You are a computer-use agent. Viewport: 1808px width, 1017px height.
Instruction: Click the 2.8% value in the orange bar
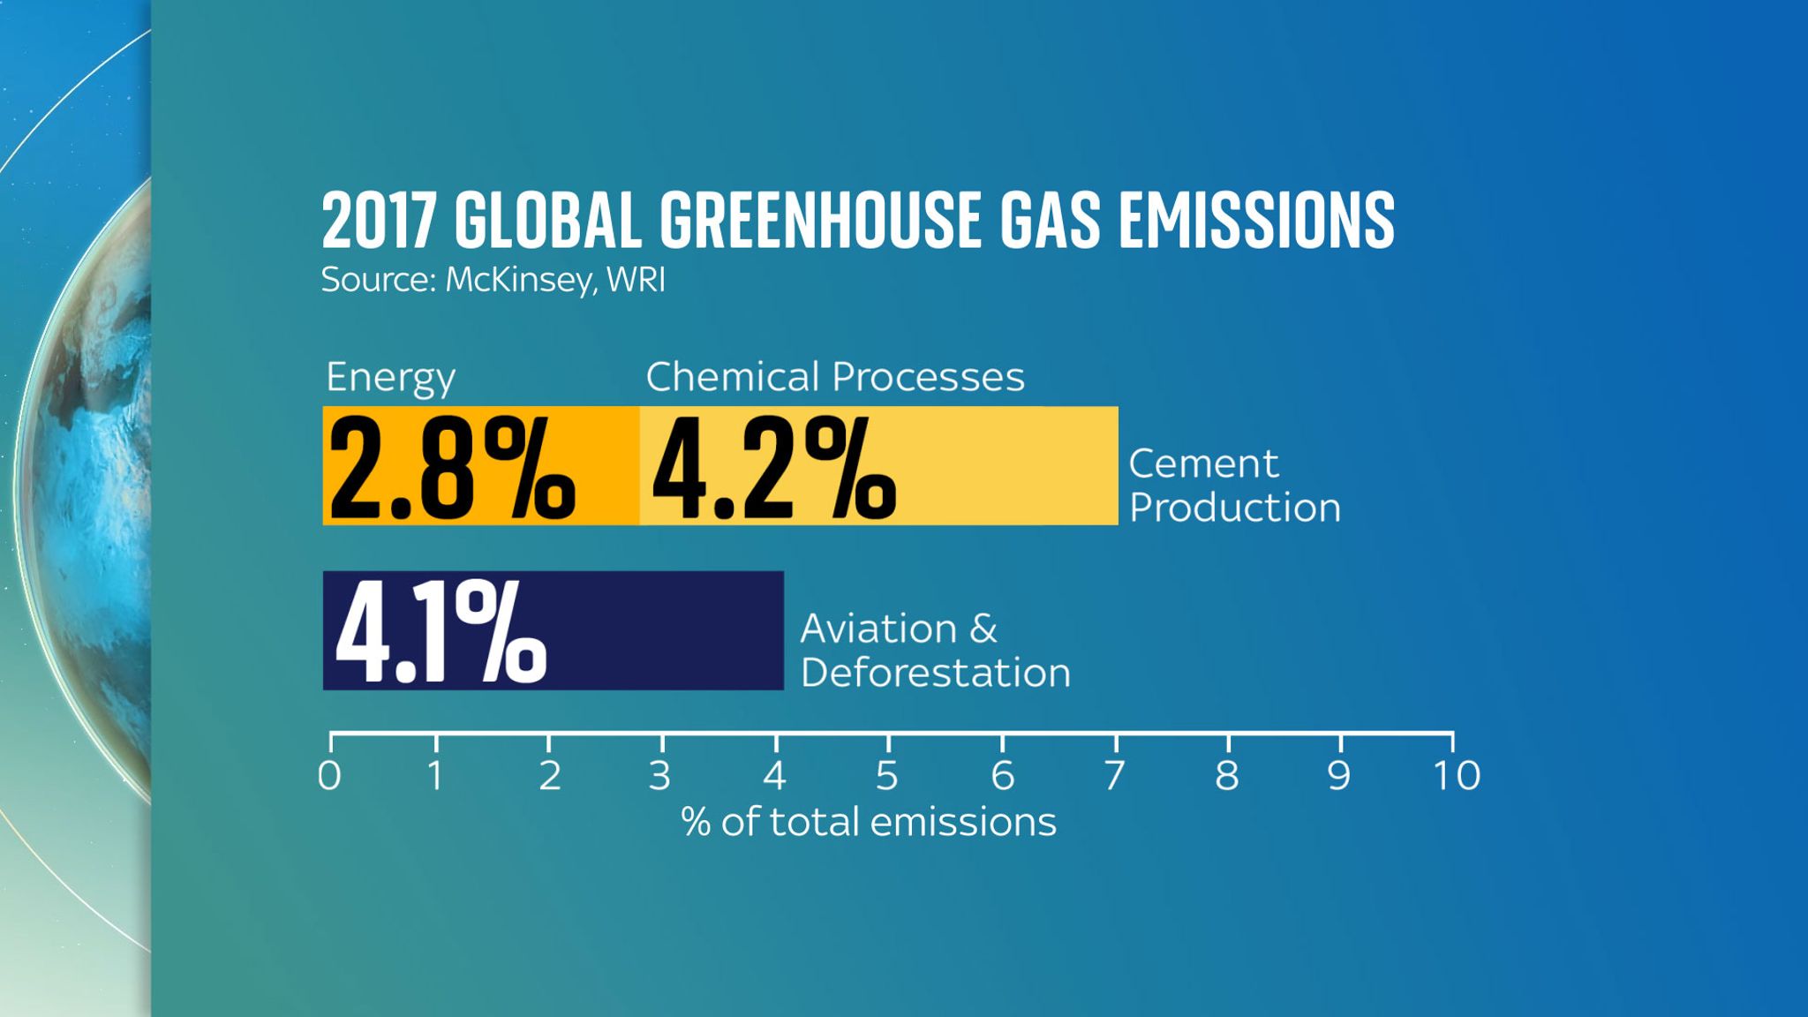pyautogui.click(x=451, y=469)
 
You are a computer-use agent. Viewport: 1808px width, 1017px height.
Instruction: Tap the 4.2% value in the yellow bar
pyautogui.click(x=773, y=469)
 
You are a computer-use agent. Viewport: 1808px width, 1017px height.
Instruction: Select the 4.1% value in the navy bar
pyautogui.click(x=440, y=633)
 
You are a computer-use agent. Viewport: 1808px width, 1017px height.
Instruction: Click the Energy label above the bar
pyautogui.click(x=390, y=379)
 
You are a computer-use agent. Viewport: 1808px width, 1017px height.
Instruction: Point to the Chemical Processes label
pyautogui.click(x=835, y=378)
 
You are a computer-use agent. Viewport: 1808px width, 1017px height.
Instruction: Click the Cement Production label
pyautogui.click(x=1233, y=486)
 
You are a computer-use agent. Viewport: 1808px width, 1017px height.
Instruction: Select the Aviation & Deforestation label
pyautogui.click(x=934, y=651)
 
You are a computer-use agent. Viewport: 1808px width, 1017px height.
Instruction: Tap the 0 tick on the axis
pyautogui.click(x=329, y=776)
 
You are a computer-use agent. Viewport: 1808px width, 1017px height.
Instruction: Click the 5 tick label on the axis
pyautogui.click(x=886, y=776)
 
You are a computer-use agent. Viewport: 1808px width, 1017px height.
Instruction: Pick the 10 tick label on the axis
pyautogui.click(x=1456, y=776)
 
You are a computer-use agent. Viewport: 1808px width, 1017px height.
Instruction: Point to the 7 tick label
pyautogui.click(x=1114, y=776)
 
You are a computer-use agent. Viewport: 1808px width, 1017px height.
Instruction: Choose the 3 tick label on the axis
pyautogui.click(x=659, y=776)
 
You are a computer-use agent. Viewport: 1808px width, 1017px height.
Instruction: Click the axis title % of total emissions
pyautogui.click(x=869, y=823)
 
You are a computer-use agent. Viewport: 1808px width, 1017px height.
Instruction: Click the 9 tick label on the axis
pyautogui.click(x=1339, y=776)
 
